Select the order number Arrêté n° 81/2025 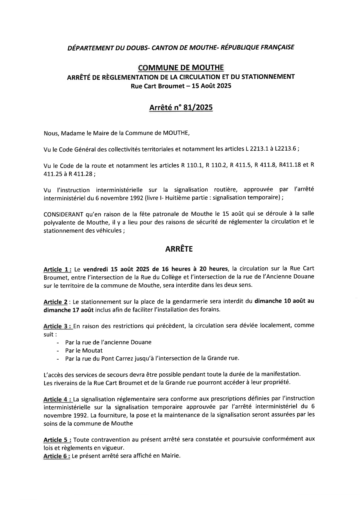point(181,108)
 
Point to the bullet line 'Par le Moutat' point(84,350)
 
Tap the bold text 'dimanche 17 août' point(69,310)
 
